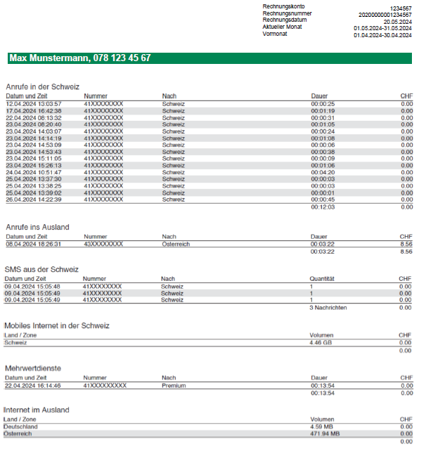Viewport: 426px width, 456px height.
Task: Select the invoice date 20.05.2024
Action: (393, 21)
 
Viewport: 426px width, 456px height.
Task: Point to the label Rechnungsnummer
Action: (287, 14)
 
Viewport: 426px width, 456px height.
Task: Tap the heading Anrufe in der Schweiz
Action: (42, 86)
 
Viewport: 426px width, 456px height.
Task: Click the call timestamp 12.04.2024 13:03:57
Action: (33, 103)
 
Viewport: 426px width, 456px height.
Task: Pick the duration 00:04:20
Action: (323, 172)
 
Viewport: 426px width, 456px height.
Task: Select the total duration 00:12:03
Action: (323, 207)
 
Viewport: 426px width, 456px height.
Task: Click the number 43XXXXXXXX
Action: (103, 244)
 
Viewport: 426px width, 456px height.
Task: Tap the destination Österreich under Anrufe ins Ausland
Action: (176, 244)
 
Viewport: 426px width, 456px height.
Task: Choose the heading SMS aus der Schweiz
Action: (41, 269)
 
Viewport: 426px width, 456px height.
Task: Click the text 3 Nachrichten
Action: (328, 308)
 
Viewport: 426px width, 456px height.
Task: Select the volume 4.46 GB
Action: (322, 343)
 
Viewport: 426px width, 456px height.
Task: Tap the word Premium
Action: (173, 385)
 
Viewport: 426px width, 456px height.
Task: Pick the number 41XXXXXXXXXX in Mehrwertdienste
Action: (105, 385)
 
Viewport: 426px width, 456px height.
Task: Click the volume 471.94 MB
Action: (325, 434)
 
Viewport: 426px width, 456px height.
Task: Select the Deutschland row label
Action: (21, 426)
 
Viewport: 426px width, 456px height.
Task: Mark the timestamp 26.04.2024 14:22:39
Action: (33, 200)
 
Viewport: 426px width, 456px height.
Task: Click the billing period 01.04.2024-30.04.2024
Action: (382, 34)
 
